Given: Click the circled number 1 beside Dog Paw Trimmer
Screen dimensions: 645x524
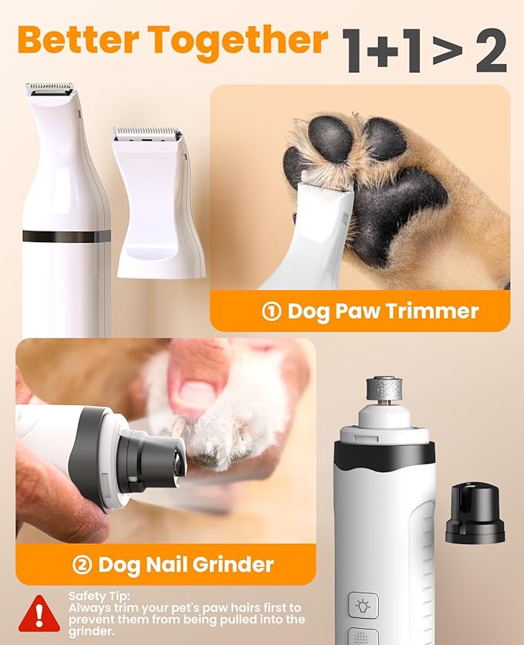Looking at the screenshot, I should pos(271,312).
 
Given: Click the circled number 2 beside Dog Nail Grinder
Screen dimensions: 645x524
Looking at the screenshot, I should pos(82,565).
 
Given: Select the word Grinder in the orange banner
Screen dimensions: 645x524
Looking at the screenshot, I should pos(231,565).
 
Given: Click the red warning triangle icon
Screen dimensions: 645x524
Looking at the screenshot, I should pos(38,613).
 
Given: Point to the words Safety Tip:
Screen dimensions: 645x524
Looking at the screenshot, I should pos(100,596).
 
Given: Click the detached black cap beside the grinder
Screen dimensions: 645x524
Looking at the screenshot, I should pos(475,514).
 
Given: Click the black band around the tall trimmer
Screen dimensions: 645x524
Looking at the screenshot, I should pos(66,236).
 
